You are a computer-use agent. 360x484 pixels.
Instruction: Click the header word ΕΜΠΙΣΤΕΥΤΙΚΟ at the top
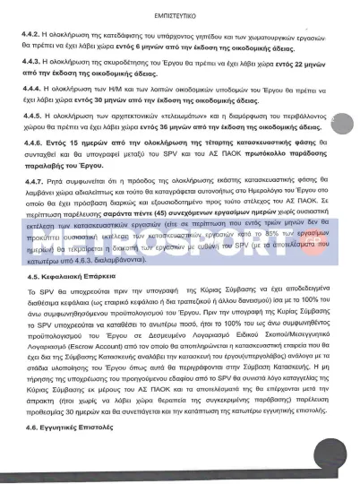tap(180, 12)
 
